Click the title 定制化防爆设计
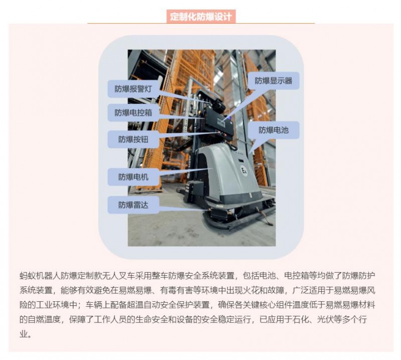[200, 17]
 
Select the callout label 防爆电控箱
[133, 112]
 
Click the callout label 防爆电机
[133, 177]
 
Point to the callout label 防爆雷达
[133, 205]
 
